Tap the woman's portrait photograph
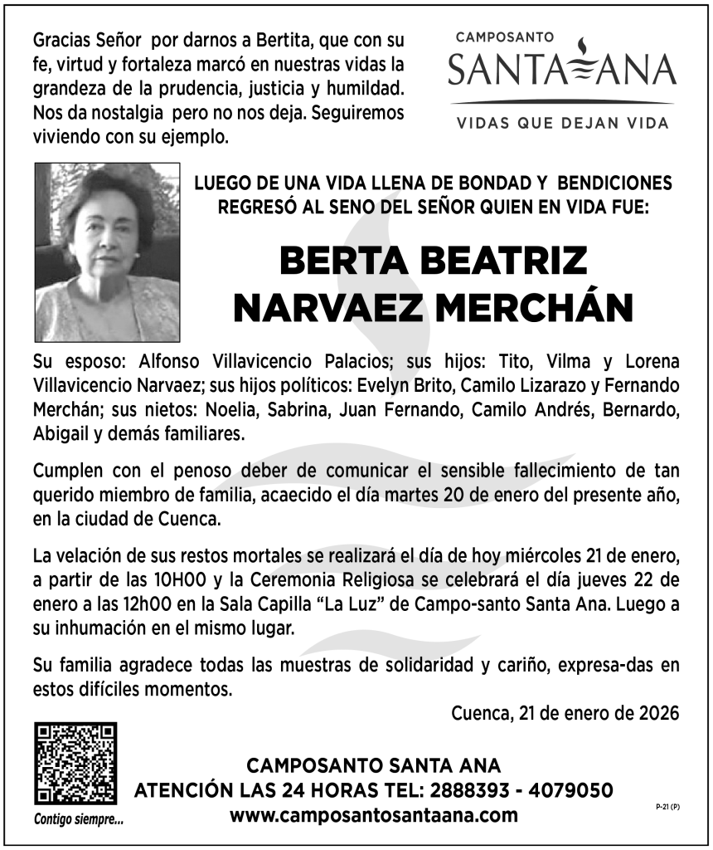[107, 252]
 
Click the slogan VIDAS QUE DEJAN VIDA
[563, 123]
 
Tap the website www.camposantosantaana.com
[374, 814]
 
